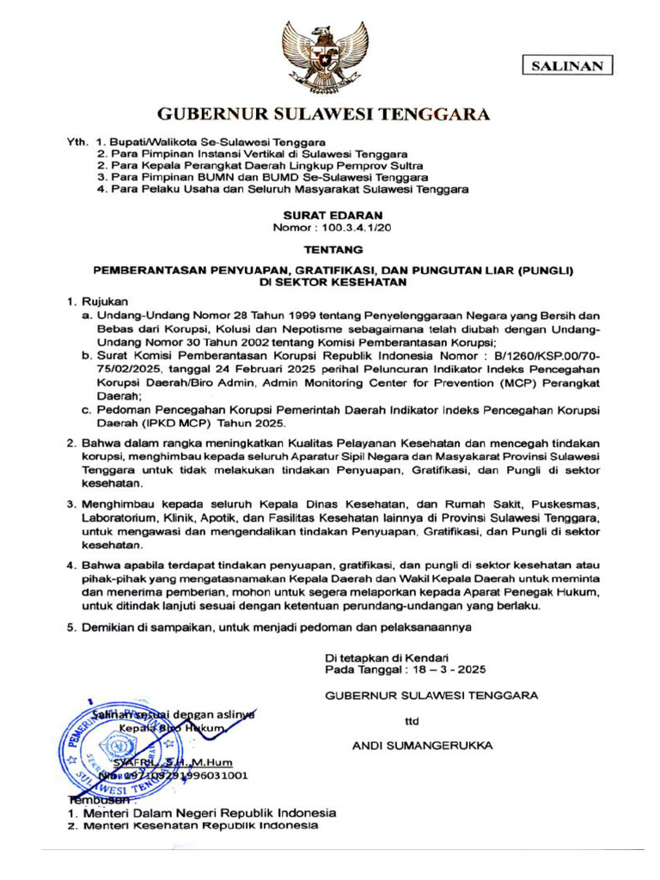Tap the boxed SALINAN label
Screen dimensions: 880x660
(567, 66)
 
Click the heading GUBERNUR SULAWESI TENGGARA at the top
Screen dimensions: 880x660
(323, 114)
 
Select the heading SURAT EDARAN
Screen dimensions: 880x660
(320, 216)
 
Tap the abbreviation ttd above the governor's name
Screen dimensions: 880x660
(412, 722)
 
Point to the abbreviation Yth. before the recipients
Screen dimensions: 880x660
(78, 140)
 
